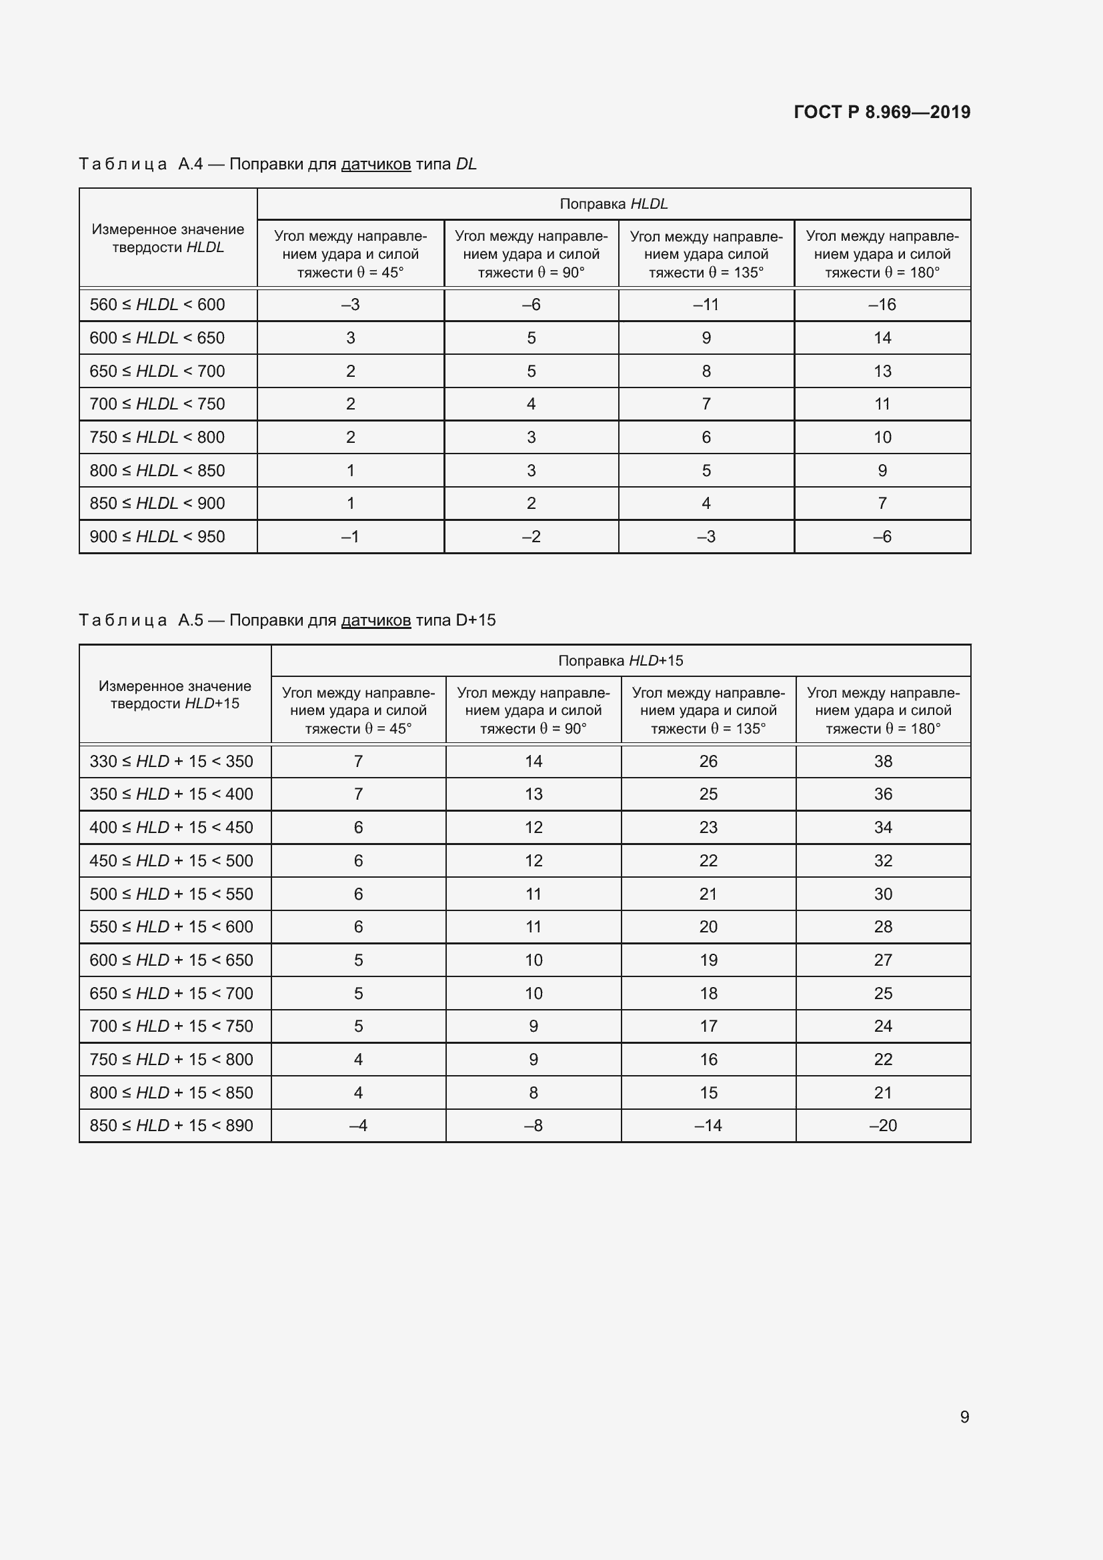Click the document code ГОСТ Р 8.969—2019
coord(882,112)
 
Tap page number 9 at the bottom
coord(964,1417)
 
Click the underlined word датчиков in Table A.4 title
coord(375,164)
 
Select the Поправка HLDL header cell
coord(614,204)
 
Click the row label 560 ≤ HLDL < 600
coord(157,304)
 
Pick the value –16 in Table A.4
coord(882,304)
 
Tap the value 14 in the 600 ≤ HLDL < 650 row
coord(882,337)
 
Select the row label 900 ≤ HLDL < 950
coord(157,537)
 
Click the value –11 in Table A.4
coord(706,304)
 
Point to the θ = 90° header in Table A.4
coord(531,254)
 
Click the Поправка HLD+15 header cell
coord(620,660)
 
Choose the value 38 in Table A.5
coord(883,761)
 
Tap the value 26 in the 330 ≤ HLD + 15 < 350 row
coord(708,761)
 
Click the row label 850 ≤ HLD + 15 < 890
coord(171,1125)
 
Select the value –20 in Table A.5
coord(883,1125)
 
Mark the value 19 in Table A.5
coord(708,960)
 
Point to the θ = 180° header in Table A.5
coord(883,711)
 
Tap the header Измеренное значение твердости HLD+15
coord(175,694)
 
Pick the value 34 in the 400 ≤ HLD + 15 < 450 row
coord(883,828)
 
